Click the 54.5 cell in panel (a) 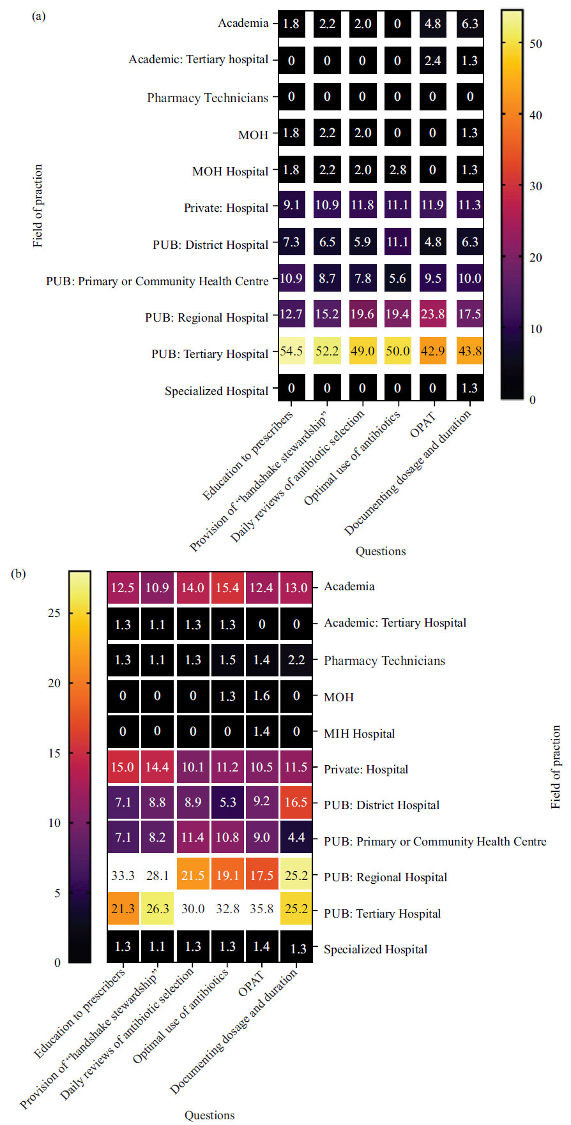tap(291, 351)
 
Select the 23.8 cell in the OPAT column tap(432, 314)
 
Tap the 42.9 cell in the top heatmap tap(432, 351)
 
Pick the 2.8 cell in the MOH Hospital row tap(397, 170)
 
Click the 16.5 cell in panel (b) tap(296, 802)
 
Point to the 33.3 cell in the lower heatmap tap(123, 875)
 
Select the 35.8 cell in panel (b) tap(261, 908)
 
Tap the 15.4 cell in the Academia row tap(227, 588)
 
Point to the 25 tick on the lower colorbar tap(54, 613)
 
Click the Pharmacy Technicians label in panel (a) tap(208, 98)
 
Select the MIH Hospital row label tap(359, 734)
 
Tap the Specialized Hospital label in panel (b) tap(376, 950)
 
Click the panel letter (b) tap(19, 574)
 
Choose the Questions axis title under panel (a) tap(381, 551)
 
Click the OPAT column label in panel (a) tap(423, 425)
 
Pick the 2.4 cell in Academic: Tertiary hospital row tap(432, 61)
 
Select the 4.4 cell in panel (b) tap(296, 837)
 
